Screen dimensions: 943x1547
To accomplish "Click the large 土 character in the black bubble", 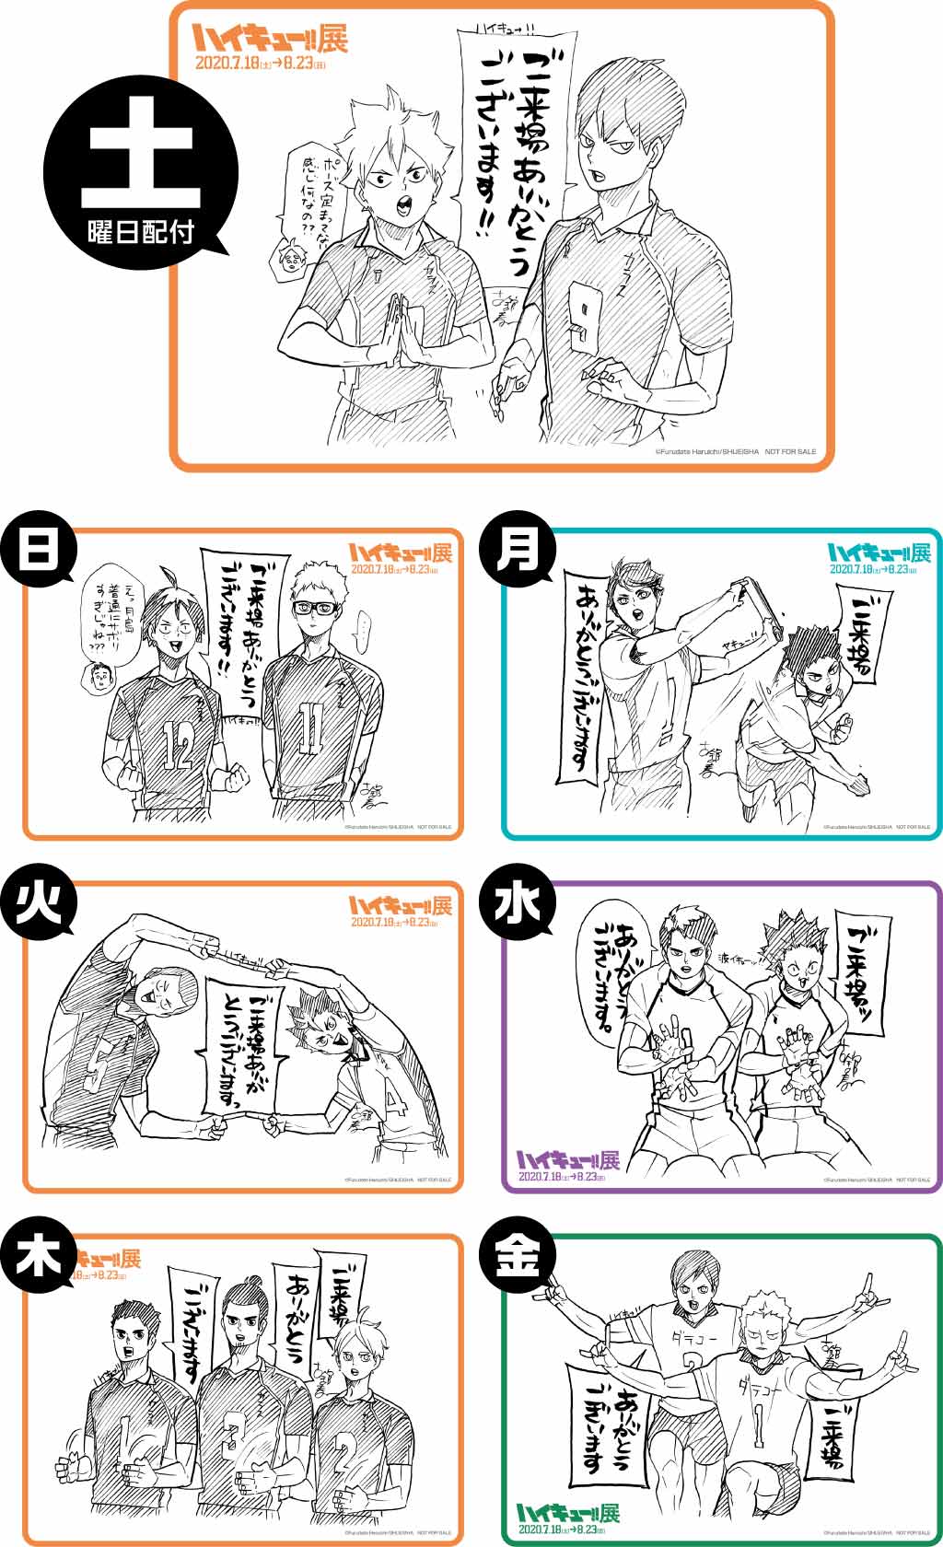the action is (x=141, y=164).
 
